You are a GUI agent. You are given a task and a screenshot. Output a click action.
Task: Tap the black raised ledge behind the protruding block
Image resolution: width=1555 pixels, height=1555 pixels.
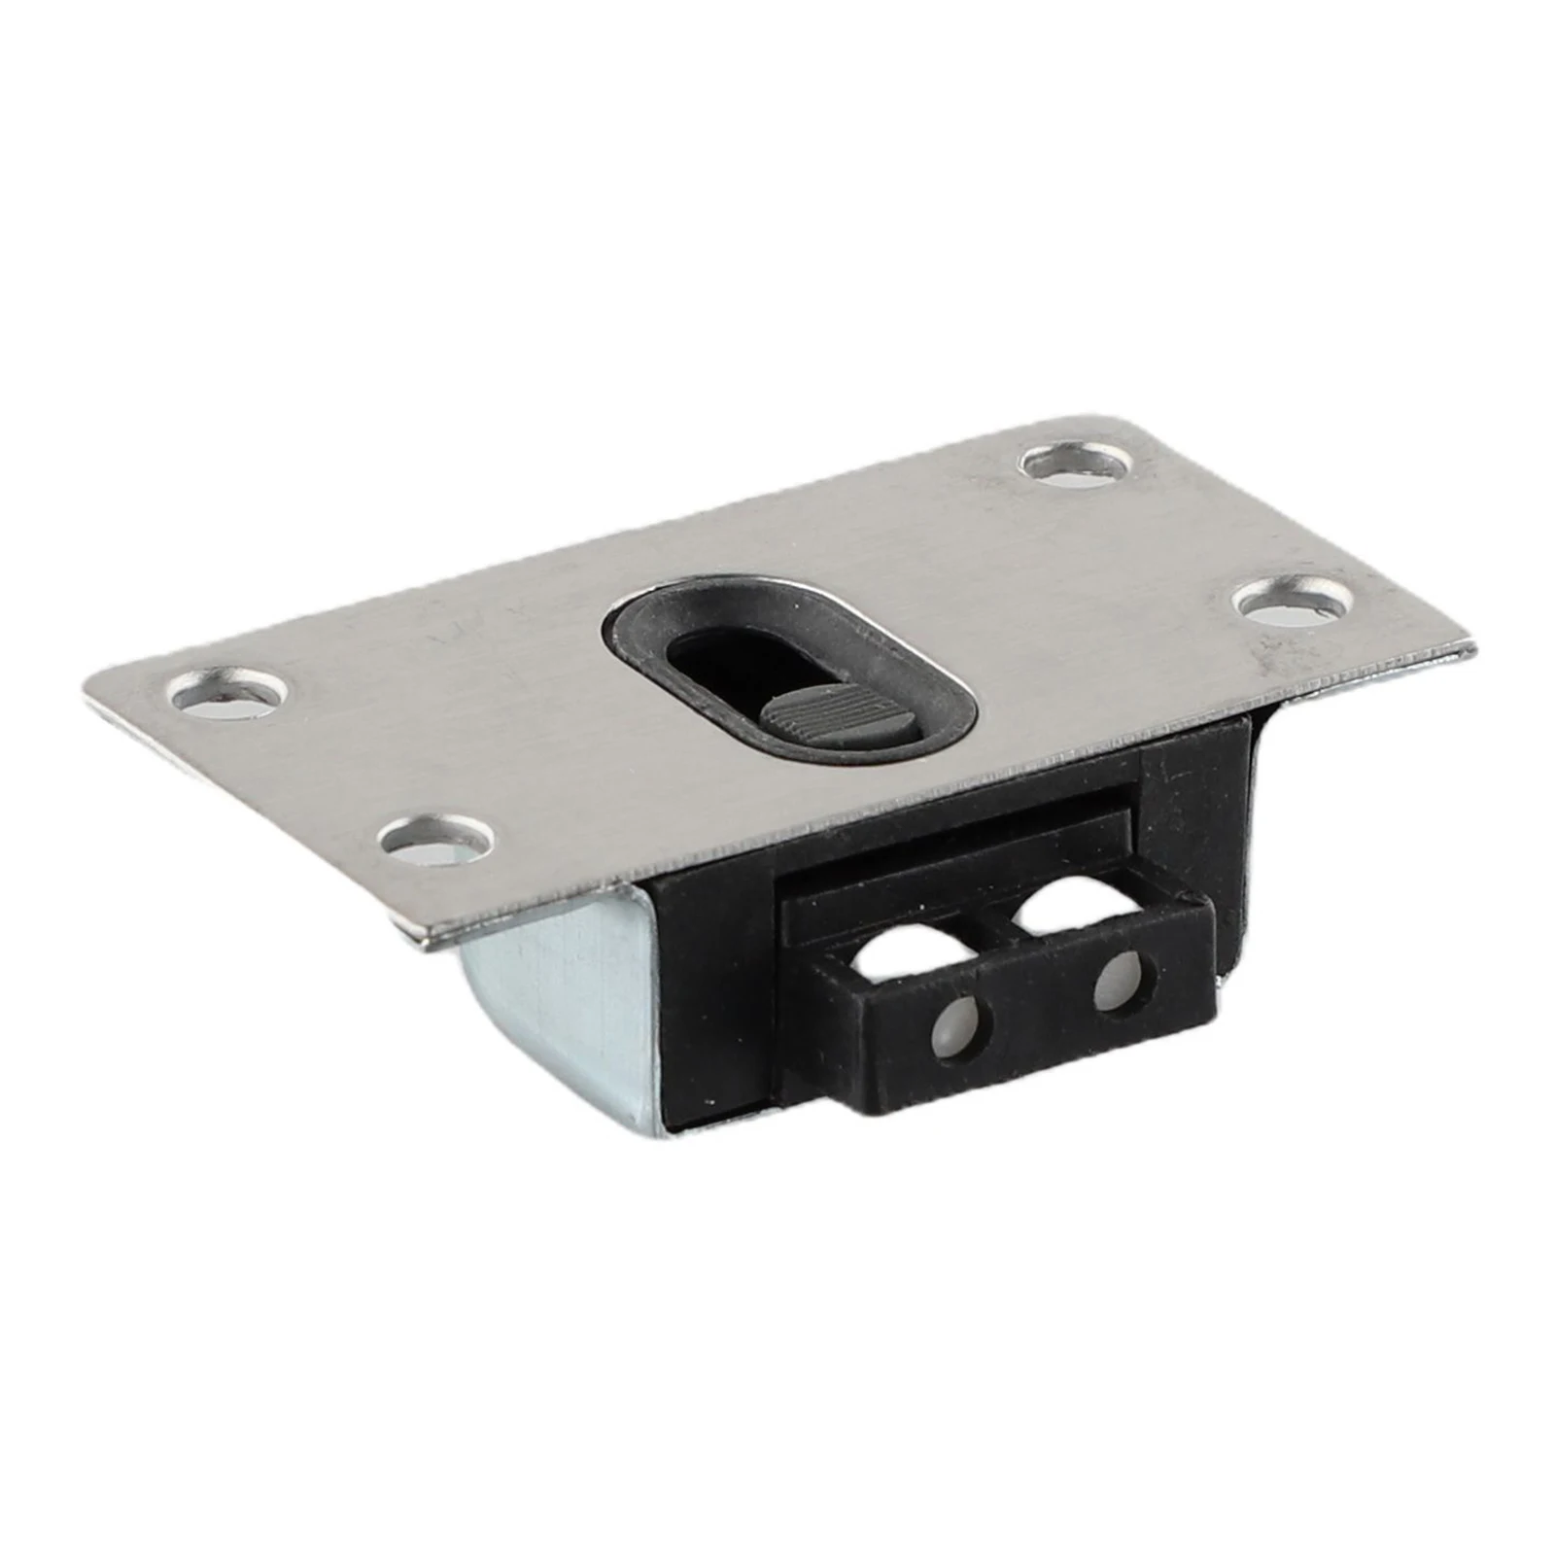point(952,855)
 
